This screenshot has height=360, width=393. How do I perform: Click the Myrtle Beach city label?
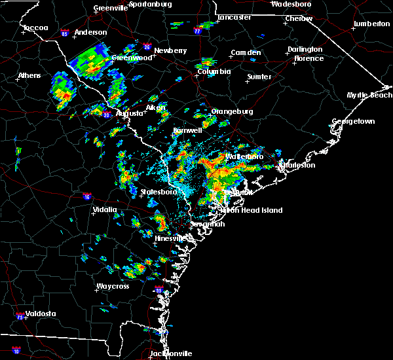coord(369,96)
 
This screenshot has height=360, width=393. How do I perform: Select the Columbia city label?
coord(215,71)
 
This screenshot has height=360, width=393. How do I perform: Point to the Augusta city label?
coord(129,113)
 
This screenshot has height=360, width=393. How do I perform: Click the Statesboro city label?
coord(159,192)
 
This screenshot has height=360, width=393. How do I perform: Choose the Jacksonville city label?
coord(171,353)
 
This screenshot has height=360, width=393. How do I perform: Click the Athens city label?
coord(29,75)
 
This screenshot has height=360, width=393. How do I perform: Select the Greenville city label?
coord(111,8)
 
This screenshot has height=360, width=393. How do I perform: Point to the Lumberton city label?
coord(371,24)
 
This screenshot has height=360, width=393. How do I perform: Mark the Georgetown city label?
coord(353,122)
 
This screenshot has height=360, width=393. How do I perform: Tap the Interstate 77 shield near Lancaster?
coord(197,30)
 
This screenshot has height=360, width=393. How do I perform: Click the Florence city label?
coord(309,58)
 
